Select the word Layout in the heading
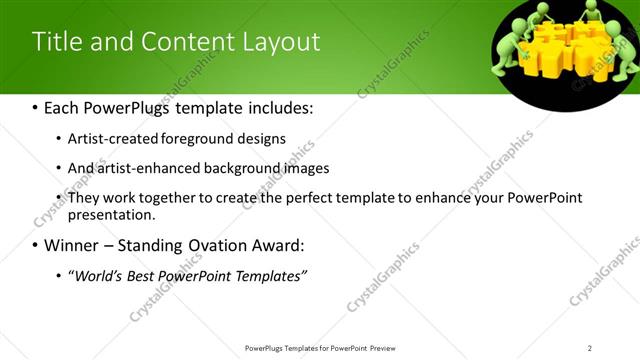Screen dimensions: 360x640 pyautogui.click(x=284, y=42)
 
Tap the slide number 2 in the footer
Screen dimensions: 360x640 pyautogui.click(x=590, y=348)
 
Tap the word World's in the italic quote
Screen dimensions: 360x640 pyautogui.click(x=97, y=275)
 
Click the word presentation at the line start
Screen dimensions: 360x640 pyautogui.click(x=111, y=214)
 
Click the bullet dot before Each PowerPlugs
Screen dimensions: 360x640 pyautogui.click(x=36, y=107)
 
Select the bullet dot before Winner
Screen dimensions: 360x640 pyautogui.click(x=36, y=245)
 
